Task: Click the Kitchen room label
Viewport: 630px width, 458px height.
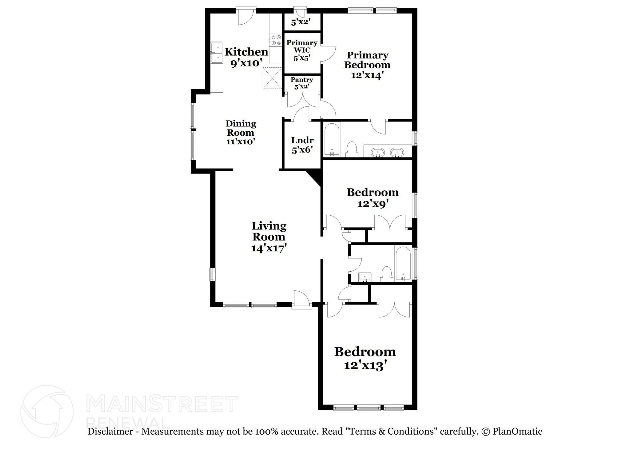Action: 246,52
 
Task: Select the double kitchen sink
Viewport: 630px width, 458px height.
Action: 217,53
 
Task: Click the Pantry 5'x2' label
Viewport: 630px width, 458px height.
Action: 302,83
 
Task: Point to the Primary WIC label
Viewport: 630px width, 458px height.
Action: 302,46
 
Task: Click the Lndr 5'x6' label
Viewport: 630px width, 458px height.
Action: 302,145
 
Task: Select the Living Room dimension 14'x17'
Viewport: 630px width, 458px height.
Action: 269,248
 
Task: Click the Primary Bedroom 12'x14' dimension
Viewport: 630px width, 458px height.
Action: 367,75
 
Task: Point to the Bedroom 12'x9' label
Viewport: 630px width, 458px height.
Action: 373,197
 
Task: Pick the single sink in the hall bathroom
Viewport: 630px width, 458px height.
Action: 365,277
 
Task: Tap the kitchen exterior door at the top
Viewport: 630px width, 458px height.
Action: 246,17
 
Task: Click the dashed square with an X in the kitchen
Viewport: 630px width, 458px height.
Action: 272,78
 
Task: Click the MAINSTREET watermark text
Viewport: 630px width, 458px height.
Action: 162,404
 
